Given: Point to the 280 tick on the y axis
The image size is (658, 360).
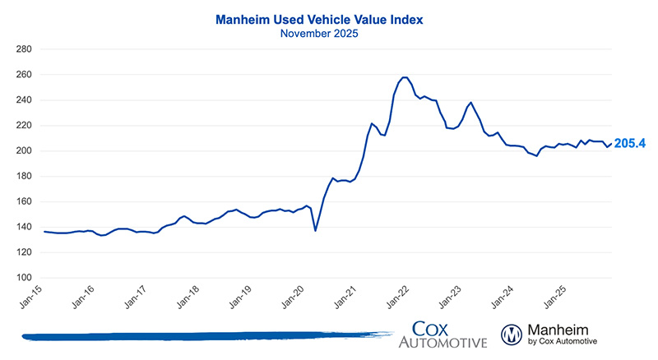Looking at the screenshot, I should [x=23, y=49].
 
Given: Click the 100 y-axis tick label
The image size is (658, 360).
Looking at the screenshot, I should [x=23, y=278].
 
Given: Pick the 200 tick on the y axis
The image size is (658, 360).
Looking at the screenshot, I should [x=23, y=151].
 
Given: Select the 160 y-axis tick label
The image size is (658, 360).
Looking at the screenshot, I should [x=23, y=202].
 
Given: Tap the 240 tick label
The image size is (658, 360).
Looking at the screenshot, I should [x=23, y=100].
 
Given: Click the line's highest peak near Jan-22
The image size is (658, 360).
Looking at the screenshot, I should [x=404, y=77].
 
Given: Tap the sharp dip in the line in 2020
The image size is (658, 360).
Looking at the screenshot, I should [x=316, y=231].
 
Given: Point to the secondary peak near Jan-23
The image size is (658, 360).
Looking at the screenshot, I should [x=470, y=103].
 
